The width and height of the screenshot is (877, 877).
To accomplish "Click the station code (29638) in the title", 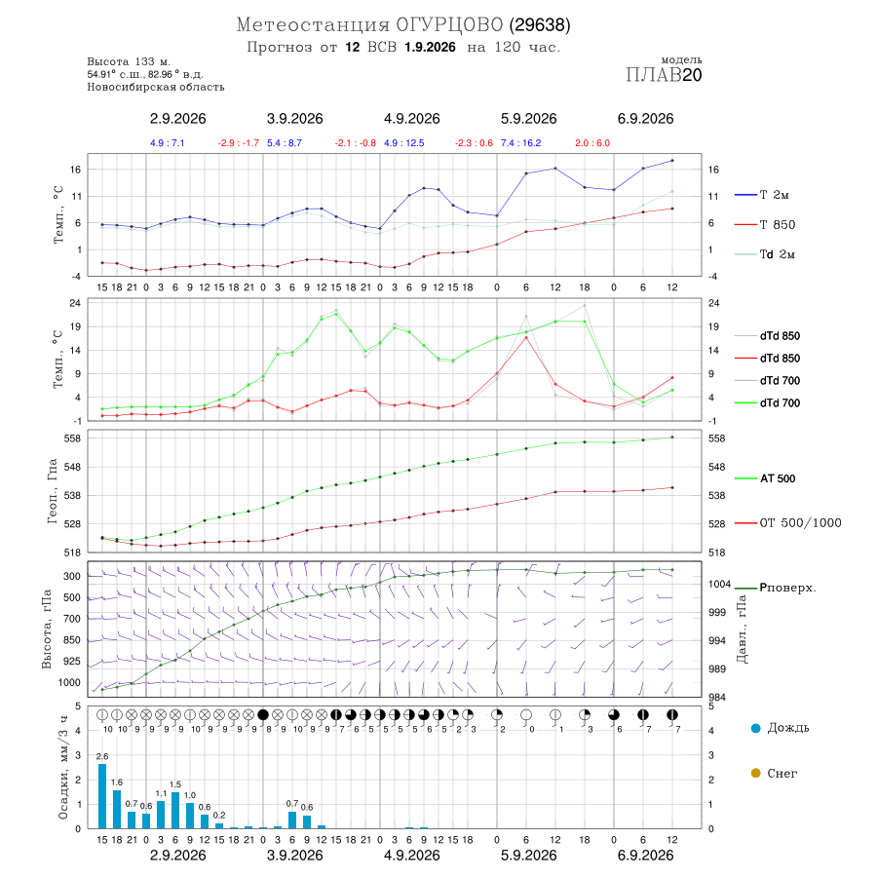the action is point(540,25).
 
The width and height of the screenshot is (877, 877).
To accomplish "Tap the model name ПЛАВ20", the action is point(664,75).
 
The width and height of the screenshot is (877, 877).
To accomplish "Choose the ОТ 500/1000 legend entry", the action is point(788,523).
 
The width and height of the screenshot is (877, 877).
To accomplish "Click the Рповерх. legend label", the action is point(776,588).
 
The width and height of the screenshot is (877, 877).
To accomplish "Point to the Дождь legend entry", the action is point(781,728).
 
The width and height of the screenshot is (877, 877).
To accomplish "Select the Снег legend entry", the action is point(774,773).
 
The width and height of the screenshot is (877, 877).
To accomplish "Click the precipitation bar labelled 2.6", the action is point(102,796).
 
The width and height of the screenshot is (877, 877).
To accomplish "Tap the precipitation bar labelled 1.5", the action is point(175,810).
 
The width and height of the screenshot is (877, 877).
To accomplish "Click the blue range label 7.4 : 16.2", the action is point(520,143).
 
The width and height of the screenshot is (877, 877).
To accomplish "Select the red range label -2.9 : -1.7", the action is point(239,143).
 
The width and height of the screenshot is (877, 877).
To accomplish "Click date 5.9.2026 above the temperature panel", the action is point(528,119).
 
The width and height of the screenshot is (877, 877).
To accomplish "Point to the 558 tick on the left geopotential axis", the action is point(73,438).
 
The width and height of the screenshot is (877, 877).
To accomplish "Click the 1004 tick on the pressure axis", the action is point(720,584).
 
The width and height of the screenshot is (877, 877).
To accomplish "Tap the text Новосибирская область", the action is point(156,87).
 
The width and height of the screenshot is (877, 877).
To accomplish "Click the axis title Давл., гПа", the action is point(742,629).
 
